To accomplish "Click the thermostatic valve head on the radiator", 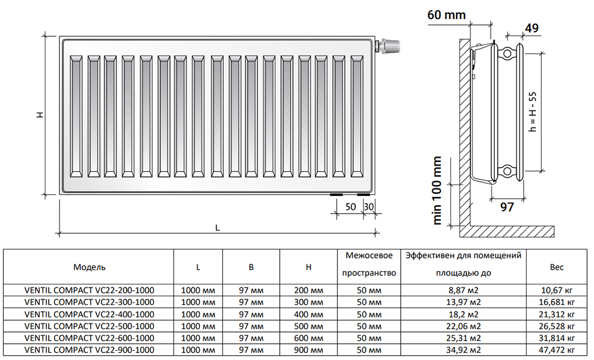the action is coord(390,45).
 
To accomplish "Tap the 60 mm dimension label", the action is coord(446,15).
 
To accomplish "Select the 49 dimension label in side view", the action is coord(531,28).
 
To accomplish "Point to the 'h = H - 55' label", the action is coord(532,112).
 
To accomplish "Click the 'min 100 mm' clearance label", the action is coord(437,191).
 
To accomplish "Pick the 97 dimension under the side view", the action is coord(507,207).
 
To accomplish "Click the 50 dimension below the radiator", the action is coord(350,207).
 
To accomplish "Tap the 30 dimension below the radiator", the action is coord(369,207).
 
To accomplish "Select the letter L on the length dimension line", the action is coord(218,228).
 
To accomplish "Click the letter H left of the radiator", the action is coord(40,114).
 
